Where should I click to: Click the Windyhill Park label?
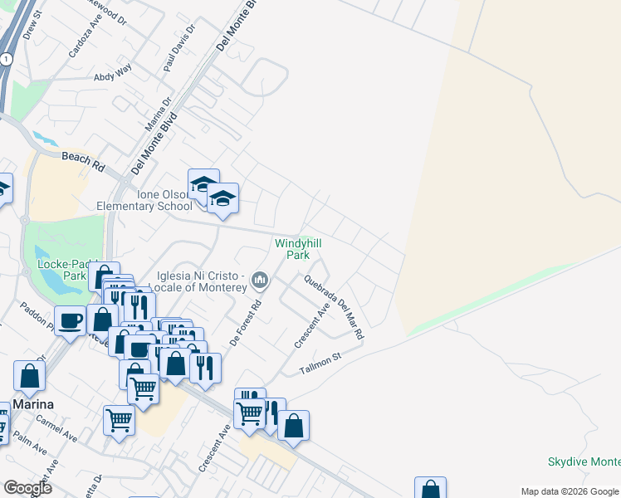(x=298, y=249)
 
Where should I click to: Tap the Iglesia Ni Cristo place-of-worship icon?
(x=260, y=281)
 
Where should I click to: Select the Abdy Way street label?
(x=113, y=76)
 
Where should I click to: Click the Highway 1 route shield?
(x=6, y=59)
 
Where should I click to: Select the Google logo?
(x=27, y=487)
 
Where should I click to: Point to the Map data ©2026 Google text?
(x=570, y=491)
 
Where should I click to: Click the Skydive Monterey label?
(x=584, y=462)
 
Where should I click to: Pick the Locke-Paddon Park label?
(x=62, y=269)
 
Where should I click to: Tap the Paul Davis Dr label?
(x=178, y=47)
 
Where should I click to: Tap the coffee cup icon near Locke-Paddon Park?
(x=70, y=320)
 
